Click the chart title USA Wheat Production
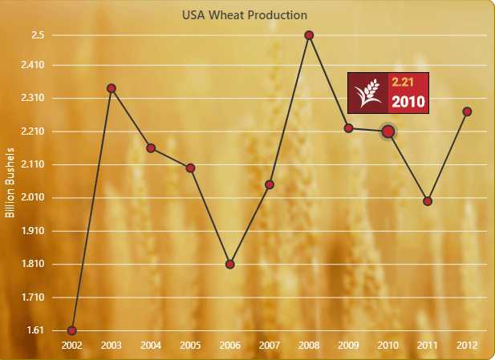pos(244,14)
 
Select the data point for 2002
pos(72,330)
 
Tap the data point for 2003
pos(112,88)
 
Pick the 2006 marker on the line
pos(230,264)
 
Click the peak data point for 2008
pos(309,35)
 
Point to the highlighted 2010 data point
pos(387,131)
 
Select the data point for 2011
pos(428,201)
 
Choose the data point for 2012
pos(467,111)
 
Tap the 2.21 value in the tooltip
pos(401,82)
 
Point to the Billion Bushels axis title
pos(10,183)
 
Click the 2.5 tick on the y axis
pos(38,35)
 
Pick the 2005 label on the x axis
pos(190,346)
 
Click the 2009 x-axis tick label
pos(349,346)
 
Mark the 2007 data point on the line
pos(270,185)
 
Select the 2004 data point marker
pos(151,148)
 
